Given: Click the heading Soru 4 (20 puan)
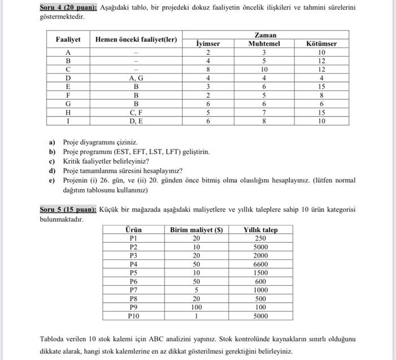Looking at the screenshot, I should pos(68,7).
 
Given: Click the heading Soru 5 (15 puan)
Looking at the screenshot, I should pos(68,209).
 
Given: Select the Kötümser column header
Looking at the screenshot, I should pos(321,44).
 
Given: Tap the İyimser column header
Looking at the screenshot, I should pos(208,44).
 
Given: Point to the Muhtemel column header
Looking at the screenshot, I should pos(264,44).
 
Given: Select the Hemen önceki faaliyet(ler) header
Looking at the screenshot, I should pos(136,39).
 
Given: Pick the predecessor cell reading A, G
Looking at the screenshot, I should pos(136,78).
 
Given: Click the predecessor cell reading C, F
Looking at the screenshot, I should pos(136,113).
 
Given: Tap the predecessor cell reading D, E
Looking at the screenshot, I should pos(136,121).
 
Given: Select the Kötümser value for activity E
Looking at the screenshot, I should pos(321,87).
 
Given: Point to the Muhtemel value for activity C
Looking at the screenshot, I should pos(264,70).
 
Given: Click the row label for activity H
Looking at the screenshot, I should pos(68,113).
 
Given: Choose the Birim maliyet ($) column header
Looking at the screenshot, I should pos(196,230).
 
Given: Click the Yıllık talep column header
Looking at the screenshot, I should pos(260,230).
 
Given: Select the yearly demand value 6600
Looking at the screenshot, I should pos(260,264).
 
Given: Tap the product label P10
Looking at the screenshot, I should pos(134,316).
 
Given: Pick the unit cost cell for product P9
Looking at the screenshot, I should pos(196,307).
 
